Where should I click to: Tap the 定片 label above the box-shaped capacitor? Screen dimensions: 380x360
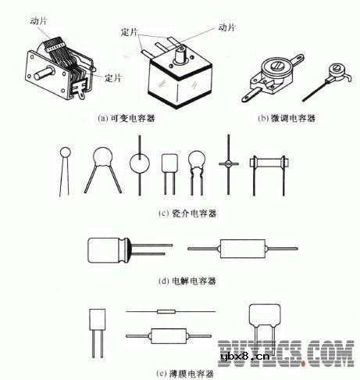(x=131, y=34)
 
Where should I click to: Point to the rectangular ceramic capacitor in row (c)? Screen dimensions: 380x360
(x=169, y=163)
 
